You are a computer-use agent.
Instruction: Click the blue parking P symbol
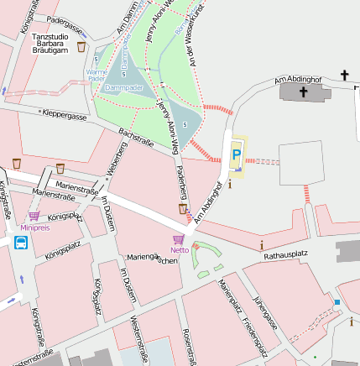(237, 154)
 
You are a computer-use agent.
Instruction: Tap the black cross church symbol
(344, 76)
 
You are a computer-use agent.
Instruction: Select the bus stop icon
(20, 243)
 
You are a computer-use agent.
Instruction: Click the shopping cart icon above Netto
(179, 239)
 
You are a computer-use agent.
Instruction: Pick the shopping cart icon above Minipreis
(34, 216)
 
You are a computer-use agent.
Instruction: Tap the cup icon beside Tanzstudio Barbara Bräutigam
(81, 47)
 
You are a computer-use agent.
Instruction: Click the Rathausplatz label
(288, 254)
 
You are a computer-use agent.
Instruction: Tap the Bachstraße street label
(136, 138)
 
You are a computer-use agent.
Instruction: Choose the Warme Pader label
(97, 77)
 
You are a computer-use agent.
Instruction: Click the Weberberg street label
(116, 159)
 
